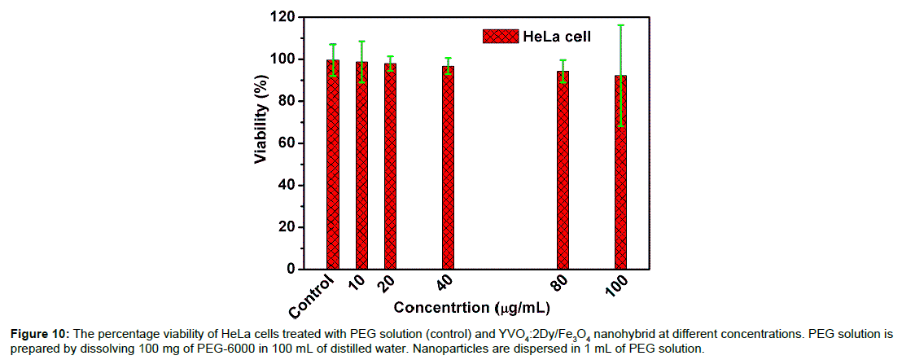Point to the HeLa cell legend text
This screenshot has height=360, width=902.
563,36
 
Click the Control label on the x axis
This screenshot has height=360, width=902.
313,296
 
